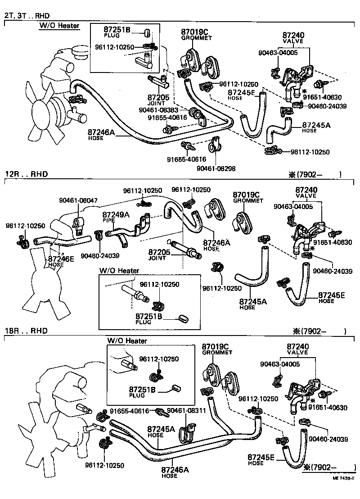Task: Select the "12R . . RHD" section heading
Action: (26, 174)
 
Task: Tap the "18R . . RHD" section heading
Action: (26, 331)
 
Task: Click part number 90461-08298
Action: (216, 168)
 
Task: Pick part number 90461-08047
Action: (78, 200)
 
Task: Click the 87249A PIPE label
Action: (116, 217)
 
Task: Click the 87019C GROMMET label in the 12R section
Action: (247, 197)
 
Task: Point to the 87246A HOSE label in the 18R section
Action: (175, 472)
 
